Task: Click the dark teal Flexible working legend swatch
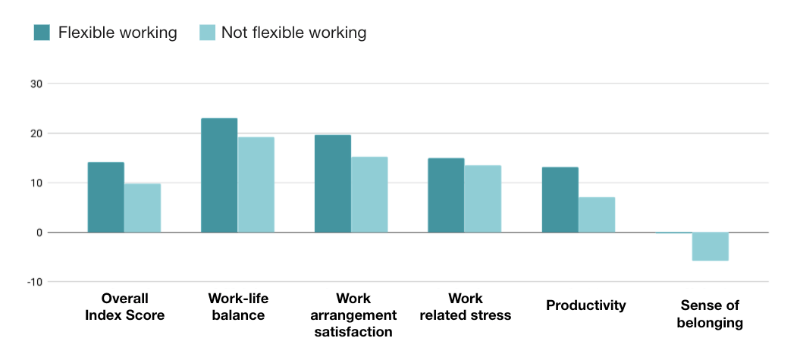pyautogui.click(x=42, y=33)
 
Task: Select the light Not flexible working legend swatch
pyautogui.click(x=206, y=33)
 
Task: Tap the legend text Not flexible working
pyautogui.click(x=293, y=33)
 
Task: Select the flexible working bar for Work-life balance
pyautogui.click(x=219, y=175)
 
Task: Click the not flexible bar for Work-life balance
pyautogui.click(x=256, y=184)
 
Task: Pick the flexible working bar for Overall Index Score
pyautogui.click(x=106, y=197)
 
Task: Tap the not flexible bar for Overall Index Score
pyautogui.click(x=143, y=208)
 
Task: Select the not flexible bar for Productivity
pyautogui.click(x=597, y=214)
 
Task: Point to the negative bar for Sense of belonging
pyautogui.click(x=710, y=246)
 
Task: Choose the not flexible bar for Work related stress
pyautogui.click(x=483, y=199)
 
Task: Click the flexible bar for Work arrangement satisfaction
pyautogui.click(x=333, y=183)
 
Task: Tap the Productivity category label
pyautogui.click(x=586, y=305)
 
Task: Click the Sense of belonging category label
pyautogui.click(x=710, y=314)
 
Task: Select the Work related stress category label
pyautogui.click(x=465, y=306)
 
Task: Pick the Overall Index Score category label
pyautogui.click(x=124, y=306)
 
